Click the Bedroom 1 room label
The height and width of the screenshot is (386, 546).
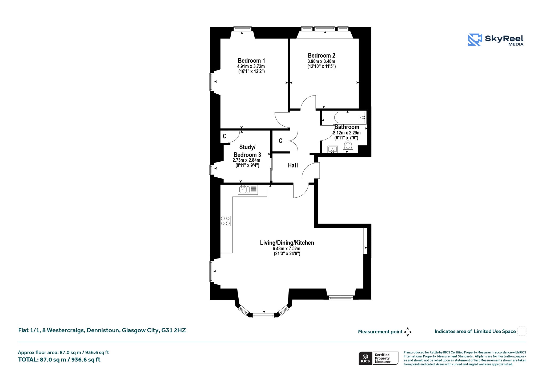(x=251, y=61)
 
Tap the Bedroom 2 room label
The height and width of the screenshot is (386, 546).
(x=322, y=55)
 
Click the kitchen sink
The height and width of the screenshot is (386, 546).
(x=248, y=189)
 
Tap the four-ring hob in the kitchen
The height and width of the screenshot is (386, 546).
(x=225, y=221)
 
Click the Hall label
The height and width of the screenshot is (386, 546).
(x=293, y=165)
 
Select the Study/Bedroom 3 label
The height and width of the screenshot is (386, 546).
(x=247, y=151)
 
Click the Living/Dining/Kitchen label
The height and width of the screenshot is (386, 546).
(x=287, y=243)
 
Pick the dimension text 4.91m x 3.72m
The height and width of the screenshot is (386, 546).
(x=251, y=66)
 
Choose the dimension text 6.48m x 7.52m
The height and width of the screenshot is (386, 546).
(x=287, y=249)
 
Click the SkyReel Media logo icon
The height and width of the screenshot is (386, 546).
(x=475, y=40)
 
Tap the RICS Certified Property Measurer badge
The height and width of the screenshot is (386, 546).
(x=378, y=358)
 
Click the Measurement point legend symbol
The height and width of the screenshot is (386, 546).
(x=408, y=332)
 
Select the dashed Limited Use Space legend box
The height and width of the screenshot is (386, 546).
(x=522, y=331)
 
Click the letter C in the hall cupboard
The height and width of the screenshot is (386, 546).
(x=280, y=141)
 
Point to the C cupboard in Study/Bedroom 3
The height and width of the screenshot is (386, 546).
(x=225, y=136)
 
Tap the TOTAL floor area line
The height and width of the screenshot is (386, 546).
(x=59, y=360)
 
